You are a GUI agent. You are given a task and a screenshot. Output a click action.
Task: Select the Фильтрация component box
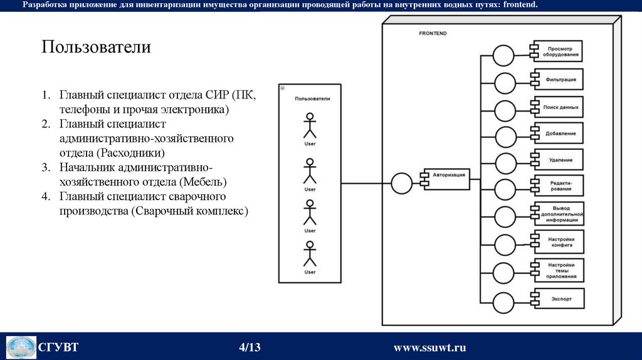coord(559,80)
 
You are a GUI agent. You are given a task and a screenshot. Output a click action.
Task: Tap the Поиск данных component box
coord(559,107)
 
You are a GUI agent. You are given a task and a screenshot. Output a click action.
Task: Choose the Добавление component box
coord(559,133)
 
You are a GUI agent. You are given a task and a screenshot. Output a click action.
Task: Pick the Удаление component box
coord(559,159)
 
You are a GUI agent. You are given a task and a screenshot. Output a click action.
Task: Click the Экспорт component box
coord(559,299)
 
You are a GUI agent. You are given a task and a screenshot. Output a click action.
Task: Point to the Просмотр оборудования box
coord(557,51)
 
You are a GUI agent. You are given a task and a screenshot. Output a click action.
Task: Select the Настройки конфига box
coord(559,242)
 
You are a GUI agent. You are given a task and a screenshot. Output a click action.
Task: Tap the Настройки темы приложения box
coord(559,270)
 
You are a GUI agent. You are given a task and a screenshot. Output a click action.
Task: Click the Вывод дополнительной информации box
coord(559,214)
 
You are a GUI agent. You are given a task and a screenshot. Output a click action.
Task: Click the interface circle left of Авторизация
coord(402,184)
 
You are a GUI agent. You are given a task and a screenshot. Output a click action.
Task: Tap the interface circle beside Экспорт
coord(503,303)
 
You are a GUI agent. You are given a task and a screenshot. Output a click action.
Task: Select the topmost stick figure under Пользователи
coord(310,125)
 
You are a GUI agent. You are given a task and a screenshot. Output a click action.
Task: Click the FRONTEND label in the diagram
coord(433,33)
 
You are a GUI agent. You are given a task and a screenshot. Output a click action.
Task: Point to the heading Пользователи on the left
coord(97,47)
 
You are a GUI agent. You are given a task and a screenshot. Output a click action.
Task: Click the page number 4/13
coord(250,347)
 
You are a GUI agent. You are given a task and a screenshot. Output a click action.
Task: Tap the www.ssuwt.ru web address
coord(429,347)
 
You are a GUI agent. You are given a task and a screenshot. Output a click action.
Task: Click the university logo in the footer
coord(21,347)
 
